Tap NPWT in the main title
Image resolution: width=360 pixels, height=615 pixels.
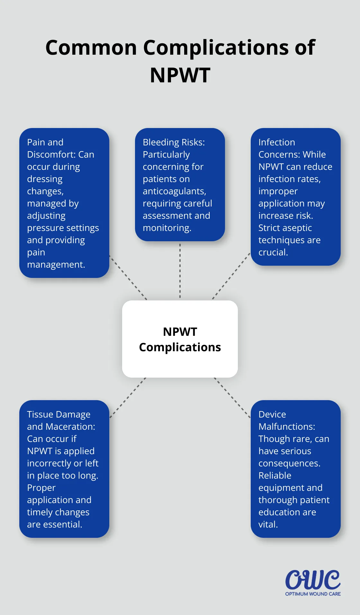tap(180, 75)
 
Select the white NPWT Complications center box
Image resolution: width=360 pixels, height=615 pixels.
tap(180, 339)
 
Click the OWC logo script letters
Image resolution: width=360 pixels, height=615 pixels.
tap(313, 580)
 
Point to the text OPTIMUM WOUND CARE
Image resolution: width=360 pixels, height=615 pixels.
tap(313, 594)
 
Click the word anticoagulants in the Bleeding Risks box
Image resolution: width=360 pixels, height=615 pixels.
tap(174, 191)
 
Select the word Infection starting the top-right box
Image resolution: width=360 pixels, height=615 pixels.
tap(276, 142)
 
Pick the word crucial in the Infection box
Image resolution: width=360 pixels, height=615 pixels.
tap(273, 252)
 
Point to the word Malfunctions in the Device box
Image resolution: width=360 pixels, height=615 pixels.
tap(286, 427)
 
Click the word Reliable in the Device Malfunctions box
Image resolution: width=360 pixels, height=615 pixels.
tap(275, 475)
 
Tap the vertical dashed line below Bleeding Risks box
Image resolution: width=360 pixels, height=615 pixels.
tap(180, 270)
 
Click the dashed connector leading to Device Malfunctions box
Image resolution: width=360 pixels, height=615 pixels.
tap(232, 398)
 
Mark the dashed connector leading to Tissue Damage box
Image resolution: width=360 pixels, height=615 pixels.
tap(128, 398)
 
